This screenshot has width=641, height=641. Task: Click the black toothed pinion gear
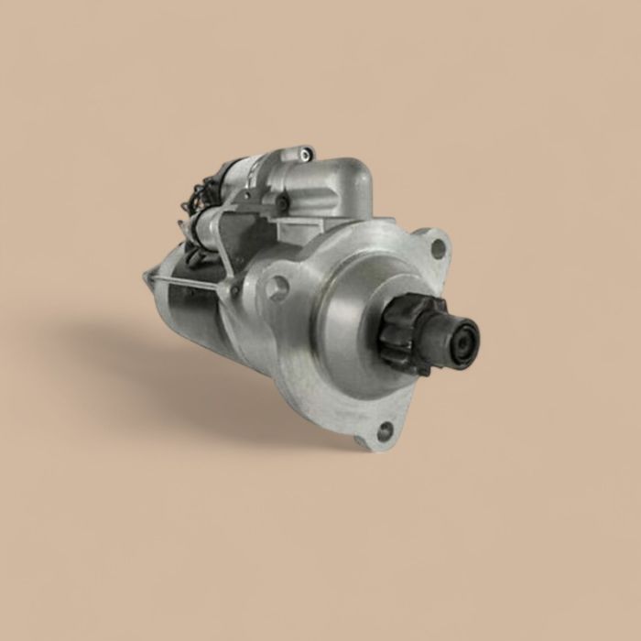point(409,334)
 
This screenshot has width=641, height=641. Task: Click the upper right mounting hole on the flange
point(438,246)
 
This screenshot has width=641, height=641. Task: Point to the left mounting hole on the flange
point(277,288)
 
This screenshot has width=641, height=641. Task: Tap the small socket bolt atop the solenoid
point(305,153)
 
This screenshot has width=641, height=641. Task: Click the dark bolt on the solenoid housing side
point(282,203)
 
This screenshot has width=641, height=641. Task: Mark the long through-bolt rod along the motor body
point(188,282)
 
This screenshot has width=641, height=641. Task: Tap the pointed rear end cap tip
point(147,275)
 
